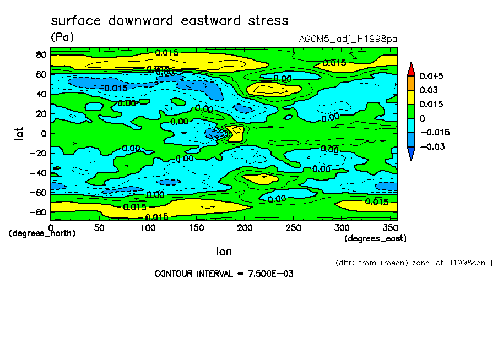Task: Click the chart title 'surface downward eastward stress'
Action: click(169, 21)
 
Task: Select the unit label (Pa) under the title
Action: click(62, 37)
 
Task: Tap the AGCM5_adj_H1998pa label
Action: click(347, 39)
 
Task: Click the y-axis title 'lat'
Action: click(18, 133)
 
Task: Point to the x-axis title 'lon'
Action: click(224, 252)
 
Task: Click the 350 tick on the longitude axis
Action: click(390, 227)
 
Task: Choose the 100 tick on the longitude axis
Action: click(148, 227)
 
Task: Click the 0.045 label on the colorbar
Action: click(431, 76)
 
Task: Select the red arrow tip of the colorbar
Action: click(410, 69)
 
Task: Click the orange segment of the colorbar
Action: click(410, 83)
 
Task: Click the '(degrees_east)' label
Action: click(375, 238)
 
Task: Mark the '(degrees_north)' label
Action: click(42, 233)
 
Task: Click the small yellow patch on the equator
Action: click(235, 134)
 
